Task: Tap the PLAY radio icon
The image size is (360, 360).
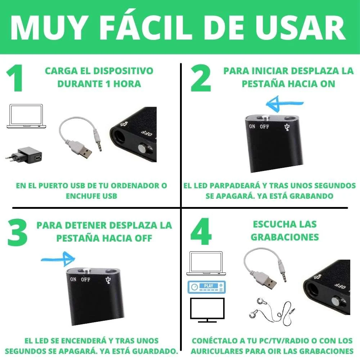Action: [206, 287]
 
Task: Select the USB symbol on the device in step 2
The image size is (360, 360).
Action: [287, 127]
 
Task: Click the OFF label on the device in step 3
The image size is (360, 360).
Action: [86, 279]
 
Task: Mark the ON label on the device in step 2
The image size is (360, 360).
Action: [252, 126]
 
